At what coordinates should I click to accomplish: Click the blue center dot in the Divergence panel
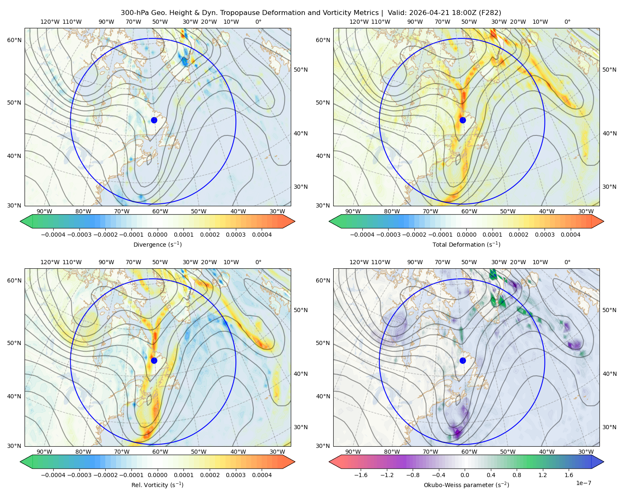coord(154,120)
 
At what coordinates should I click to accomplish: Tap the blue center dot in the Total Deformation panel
coord(463,120)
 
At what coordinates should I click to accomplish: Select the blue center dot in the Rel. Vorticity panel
coord(154,360)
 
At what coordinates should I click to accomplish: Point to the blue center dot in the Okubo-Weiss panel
coord(463,360)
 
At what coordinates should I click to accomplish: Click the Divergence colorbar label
coord(157,244)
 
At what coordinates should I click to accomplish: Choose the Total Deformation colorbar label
coord(466,244)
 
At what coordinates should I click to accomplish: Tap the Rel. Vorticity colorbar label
coord(157,485)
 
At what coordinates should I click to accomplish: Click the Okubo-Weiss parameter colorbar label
coord(466,485)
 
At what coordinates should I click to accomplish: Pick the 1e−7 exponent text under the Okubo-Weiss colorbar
coord(583,483)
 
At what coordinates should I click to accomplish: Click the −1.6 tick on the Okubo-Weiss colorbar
coord(361,475)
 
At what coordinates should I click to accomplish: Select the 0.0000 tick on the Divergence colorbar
coord(157,235)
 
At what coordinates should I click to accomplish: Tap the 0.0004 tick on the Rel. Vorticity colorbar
coord(262,475)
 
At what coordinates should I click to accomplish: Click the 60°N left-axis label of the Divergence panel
coord(14,40)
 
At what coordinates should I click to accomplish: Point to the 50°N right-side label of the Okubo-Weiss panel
coord(609,310)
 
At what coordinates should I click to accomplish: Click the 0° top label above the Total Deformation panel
coord(567,22)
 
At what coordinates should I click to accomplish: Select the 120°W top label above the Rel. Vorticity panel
coord(50,262)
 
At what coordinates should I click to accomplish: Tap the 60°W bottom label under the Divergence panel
coord(160,211)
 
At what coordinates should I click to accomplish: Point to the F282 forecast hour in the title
coord(490,12)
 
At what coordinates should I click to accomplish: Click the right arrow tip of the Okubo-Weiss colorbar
coord(604,462)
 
